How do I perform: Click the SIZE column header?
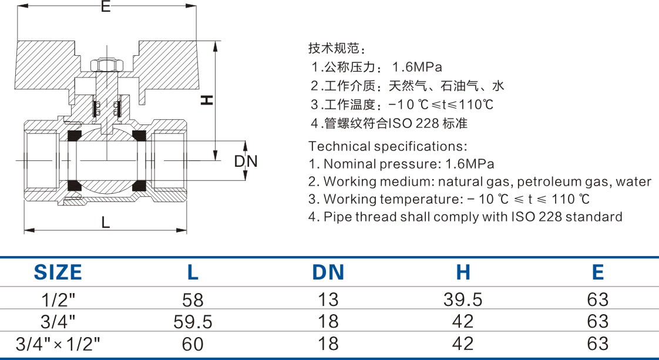[58, 272]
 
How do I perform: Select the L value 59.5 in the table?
[193, 322]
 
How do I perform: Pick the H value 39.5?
[463, 300]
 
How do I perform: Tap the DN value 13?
[328, 300]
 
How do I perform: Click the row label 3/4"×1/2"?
[58, 343]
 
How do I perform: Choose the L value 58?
[193, 300]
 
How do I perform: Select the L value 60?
[193, 344]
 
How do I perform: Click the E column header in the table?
[597, 272]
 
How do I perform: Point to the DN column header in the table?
[328, 272]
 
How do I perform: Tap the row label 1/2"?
[58, 300]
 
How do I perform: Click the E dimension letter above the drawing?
[105, 7]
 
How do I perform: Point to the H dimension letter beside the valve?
[206, 100]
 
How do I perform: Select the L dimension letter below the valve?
[105, 222]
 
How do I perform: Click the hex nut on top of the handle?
[106, 64]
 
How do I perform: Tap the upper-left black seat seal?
[75, 136]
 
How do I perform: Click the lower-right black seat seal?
[139, 186]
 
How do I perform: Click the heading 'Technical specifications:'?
[388, 146]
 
